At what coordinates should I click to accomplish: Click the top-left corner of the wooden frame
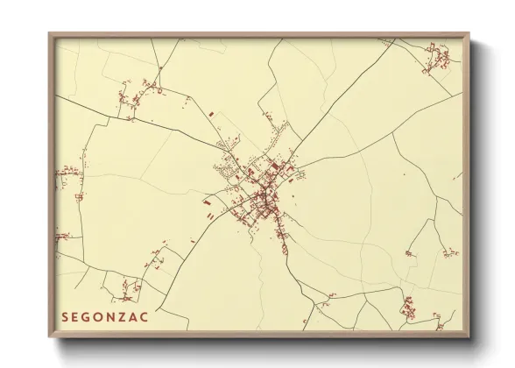pos(49,33)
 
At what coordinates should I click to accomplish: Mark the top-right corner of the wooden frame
pos(469,33)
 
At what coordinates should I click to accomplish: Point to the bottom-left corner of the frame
pos(49,337)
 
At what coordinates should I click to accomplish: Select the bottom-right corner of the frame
pos(469,337)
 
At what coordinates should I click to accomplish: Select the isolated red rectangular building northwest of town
pos(211,113)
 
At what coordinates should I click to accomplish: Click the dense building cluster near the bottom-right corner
pos(408,308)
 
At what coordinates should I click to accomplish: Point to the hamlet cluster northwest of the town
pos(136,99)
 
